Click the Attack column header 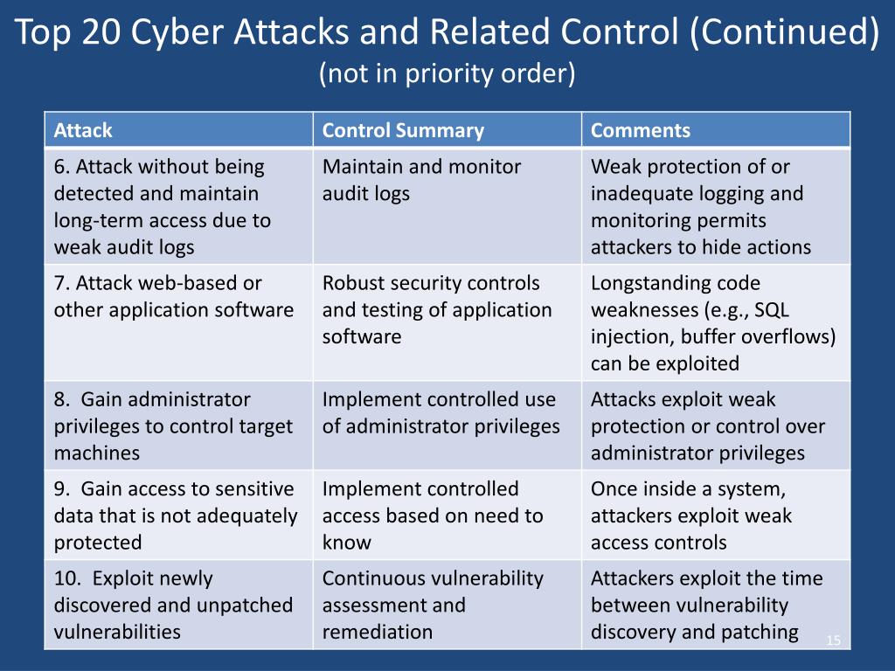point(83,131)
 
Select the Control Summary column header point(403,131)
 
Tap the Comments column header point(641,131)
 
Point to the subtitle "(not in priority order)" point(447,74)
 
